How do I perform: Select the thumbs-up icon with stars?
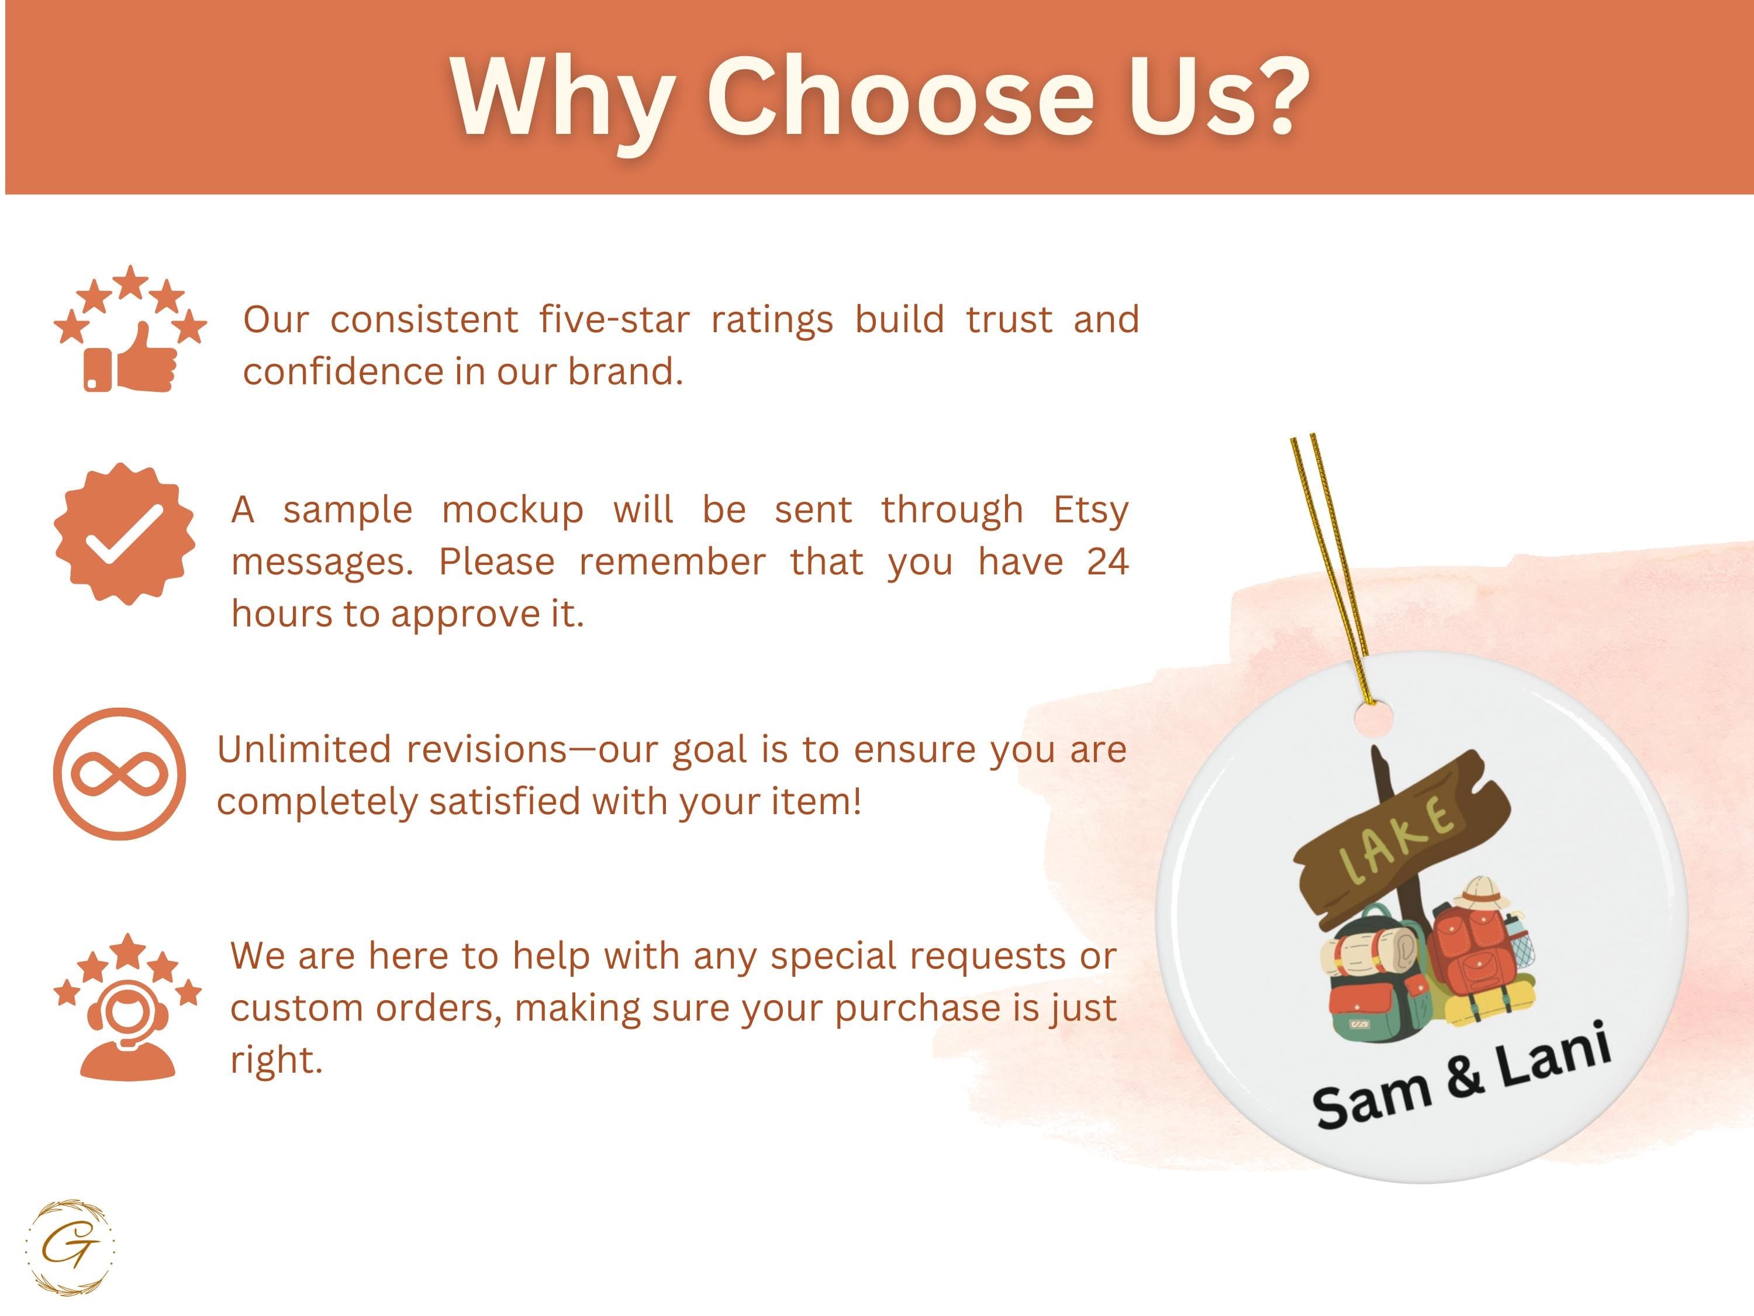point(130,328)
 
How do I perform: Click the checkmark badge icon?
point(125,534)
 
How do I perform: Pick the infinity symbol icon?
point(120,774)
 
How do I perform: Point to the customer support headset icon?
point(127,1007)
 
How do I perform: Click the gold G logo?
point(70,1248)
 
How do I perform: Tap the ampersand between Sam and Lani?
point(1464,1076)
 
